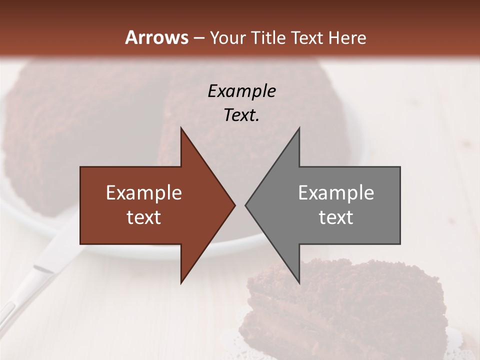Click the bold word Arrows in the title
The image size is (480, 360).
156,37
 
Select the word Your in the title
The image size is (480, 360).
227,38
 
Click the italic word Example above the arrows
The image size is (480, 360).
241,91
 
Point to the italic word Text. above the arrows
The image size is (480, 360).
241,115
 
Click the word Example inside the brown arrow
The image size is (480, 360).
144,193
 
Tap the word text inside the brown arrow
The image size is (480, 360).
144,217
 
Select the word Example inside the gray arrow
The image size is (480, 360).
336,193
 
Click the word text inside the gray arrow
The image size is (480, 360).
336,217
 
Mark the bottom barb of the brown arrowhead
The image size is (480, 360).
182,281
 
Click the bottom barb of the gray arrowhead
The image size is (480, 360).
298,281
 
